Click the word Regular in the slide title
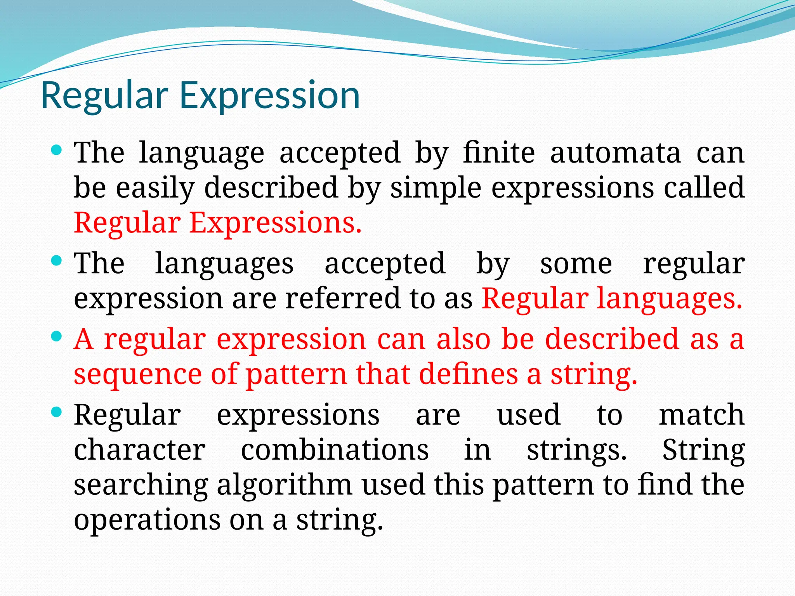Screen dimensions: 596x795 tap(104, 96)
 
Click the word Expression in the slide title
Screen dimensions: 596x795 tap(270, 96)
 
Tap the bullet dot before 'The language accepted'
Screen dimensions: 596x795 tap(57, 150)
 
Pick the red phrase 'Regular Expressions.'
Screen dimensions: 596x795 tap(217, 223)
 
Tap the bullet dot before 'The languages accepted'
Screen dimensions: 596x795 tap(57, 261)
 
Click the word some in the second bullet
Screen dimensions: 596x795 tap(576, 264)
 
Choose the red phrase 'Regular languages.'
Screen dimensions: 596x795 tap(612, 298)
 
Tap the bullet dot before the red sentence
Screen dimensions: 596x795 tap(57, 336)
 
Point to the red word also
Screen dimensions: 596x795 tap(464, 339)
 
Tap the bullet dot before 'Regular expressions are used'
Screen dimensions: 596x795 tap(57, 412)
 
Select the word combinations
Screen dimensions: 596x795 tap(335, 450)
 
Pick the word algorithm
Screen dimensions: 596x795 tap(284, 485)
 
